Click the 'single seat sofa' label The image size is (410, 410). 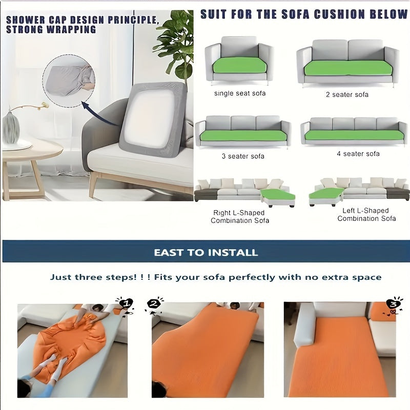coord(240,94)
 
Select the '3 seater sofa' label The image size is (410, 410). coord(243,156)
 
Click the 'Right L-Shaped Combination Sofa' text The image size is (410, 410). coord(239,216)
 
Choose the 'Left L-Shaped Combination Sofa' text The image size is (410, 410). coord(366,214)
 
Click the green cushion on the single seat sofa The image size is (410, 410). coord(239,65)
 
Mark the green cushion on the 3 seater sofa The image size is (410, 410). coord(243,135)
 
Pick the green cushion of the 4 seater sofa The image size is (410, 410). coord(354,135)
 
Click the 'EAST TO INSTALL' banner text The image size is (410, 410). coord(206,253)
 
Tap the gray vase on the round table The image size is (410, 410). coord(11,129)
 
